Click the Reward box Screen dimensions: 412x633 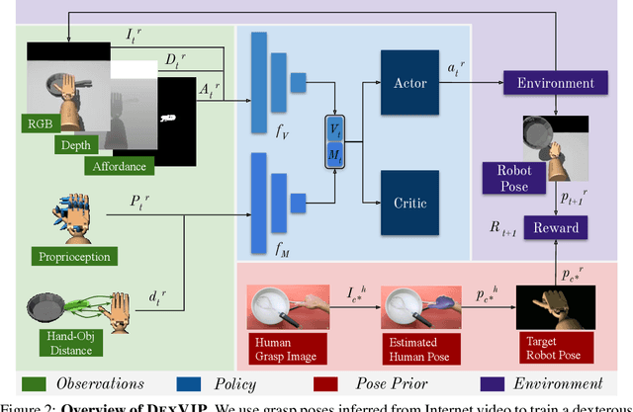(x=556, y=227)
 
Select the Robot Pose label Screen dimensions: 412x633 (x=507, y=179)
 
